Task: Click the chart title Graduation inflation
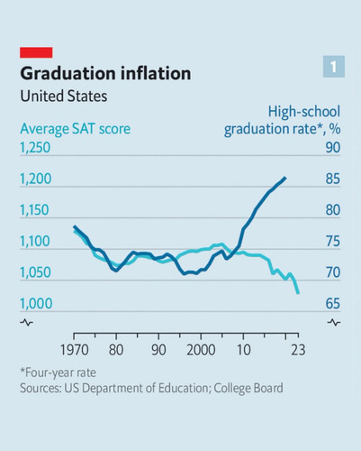(x=105, y=73)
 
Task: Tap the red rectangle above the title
(x=36, y=52)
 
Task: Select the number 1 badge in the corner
(x=334, y=67)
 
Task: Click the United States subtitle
(x=64, y=97)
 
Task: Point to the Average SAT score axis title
(x=76, y=129)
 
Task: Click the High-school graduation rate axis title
(x=282, y=120)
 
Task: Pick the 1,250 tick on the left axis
(x=35, y=148)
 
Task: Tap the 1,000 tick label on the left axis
(x=36, y=303)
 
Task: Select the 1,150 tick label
(x=34, y=210)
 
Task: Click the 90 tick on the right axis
(x=333, y=148)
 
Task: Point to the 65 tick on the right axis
(x=333, y=303)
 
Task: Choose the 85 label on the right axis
(x=333, y=179)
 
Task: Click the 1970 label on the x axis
(x=75, y=350)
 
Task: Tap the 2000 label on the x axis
(x=201, y=350)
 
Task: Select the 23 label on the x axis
(x=298, y=350)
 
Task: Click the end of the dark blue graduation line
(x=285, y=178)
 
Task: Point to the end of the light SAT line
(x=298, y=293)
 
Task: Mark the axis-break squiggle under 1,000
(x=26, y=323)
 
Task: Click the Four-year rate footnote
(x=59, y=373)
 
